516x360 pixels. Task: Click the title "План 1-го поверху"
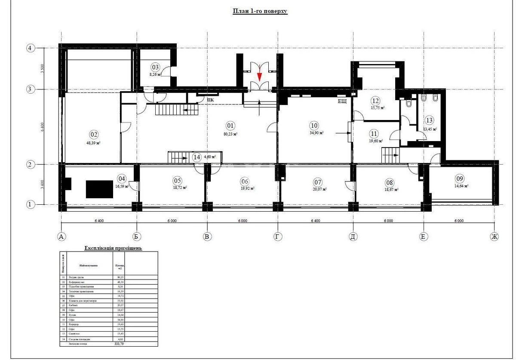pyautogui.click(x=260, y=11)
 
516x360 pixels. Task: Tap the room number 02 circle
pyautogui.click(x=94, y=134)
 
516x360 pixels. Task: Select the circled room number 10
pyautogui.click(x=314, y=126)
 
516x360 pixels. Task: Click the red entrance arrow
pyautogui.click(x=259, y=76)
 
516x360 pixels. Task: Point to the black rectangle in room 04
pyautogui.click(x=99, y=189)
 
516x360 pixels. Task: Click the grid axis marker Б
pyautogui.click(x=137, y=236)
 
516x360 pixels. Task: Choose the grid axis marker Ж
pyautogui.click(x=494, y=236)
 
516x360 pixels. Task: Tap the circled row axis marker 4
pyautogui.click(x=30, y=48)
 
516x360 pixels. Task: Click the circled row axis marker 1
pyautogui.click(x=30, y=205)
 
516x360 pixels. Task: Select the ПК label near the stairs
pyautogui.click(x=211, y=101)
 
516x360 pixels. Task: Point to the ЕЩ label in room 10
pyautogui.click(x=342, y=102)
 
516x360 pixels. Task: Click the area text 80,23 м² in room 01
pyautogui.click(x=230, y=134)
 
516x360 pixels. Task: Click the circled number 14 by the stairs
pyautogui.click(x=197, y=157)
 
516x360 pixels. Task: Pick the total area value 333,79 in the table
pyautogui.click(x=118, y=344)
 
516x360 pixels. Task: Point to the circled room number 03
pyautogui.click(x=155, y=67)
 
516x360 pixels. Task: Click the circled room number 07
pyautogui.click(x=317, y=181)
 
